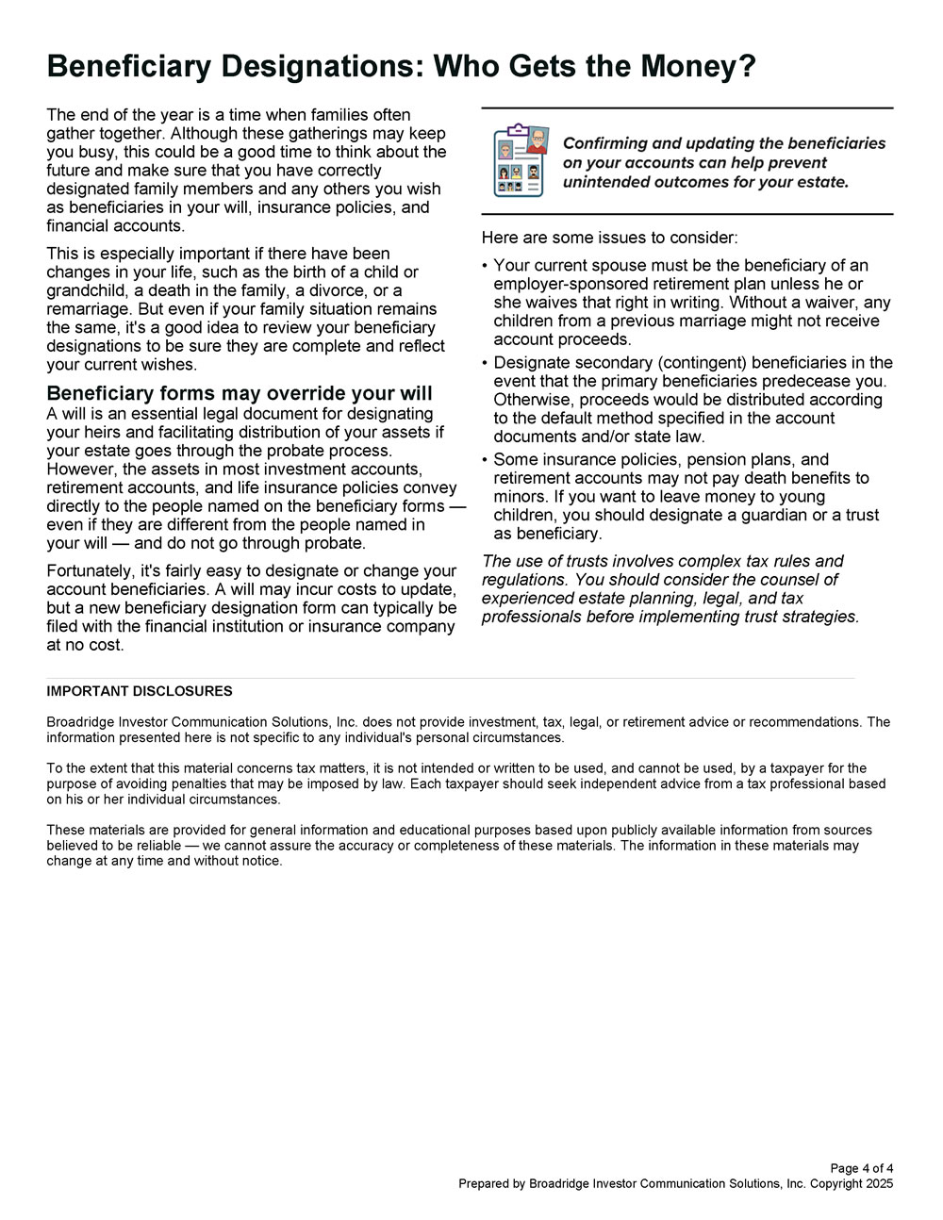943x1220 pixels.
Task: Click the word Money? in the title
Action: [x=699, y=66]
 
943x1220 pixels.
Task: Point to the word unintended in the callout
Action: [x=606, y=182]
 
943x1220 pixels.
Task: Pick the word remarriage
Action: [x=90, y=309]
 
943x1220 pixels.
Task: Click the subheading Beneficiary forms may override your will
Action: [x=240, y=393]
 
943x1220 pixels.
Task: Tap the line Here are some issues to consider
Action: [x=609, y=238]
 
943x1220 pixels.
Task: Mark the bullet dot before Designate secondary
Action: [x=485, y=363]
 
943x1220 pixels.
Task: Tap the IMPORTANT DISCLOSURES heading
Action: [x=140, y=691]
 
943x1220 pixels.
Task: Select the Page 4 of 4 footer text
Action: [x=862, y=1168]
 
